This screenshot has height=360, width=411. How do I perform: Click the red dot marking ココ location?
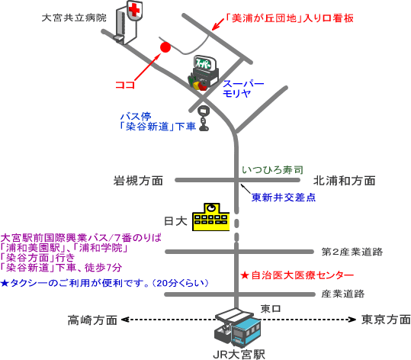point(165,47)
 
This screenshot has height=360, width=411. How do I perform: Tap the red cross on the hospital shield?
point(135,10)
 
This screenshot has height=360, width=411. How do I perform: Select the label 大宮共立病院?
point(74,18)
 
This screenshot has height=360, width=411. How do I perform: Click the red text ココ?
point(125,85)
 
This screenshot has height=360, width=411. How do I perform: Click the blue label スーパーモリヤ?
point(243,88)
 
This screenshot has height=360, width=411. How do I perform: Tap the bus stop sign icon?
point(204,117)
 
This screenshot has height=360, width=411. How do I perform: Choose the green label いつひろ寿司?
point(272,170)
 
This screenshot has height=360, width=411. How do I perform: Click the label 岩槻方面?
point(138,181)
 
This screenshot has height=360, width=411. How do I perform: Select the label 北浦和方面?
point(345,181)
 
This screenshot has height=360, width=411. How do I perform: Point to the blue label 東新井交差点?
point(284,198)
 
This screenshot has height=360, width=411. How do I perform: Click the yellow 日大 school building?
point(210,217)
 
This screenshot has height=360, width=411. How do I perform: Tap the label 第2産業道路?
point(352,252)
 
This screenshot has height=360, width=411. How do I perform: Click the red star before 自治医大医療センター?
point(245,275)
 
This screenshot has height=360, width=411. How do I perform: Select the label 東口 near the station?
point(271,309)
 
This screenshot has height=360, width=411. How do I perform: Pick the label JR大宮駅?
point(239,355)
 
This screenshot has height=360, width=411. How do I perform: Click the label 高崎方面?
point(92,320)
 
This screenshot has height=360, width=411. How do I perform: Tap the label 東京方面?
point(386,320)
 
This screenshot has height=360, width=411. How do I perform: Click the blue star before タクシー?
point(5,283)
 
